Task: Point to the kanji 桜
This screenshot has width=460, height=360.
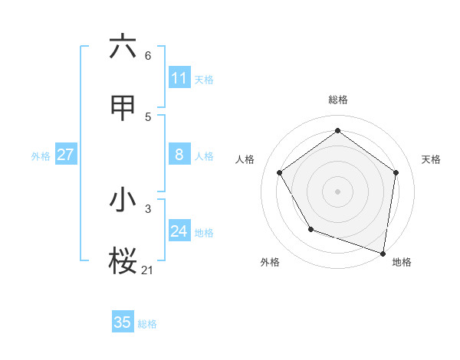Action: tap(123, 260)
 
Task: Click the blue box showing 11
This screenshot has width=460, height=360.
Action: tap(179, 78)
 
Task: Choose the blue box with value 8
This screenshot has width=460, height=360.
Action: tap(179, 155)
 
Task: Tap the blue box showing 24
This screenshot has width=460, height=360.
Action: tap(179, 231)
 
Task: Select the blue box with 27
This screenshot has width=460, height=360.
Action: tap(65, 155)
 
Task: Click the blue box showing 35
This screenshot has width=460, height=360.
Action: tap(123, 322)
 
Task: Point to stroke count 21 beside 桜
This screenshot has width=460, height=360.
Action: tap(147, 270)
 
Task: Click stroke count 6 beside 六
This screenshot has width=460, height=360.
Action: tap(148, 56)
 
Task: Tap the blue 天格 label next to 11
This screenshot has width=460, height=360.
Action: tap(204, 80)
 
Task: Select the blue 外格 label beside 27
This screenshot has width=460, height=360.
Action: tap(41, 156)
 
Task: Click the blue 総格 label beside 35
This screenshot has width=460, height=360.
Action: tap(147, 324)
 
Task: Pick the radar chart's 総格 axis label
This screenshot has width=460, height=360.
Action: tap(338, 100)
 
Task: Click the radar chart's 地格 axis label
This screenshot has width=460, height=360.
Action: tap(402, 262)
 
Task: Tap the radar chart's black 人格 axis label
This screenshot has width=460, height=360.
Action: tap(245, 159)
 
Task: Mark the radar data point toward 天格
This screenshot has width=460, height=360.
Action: tap(396, 172)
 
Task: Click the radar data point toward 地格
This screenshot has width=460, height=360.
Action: tap(383, 253)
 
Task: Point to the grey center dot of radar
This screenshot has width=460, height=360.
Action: tap(338, 191)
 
